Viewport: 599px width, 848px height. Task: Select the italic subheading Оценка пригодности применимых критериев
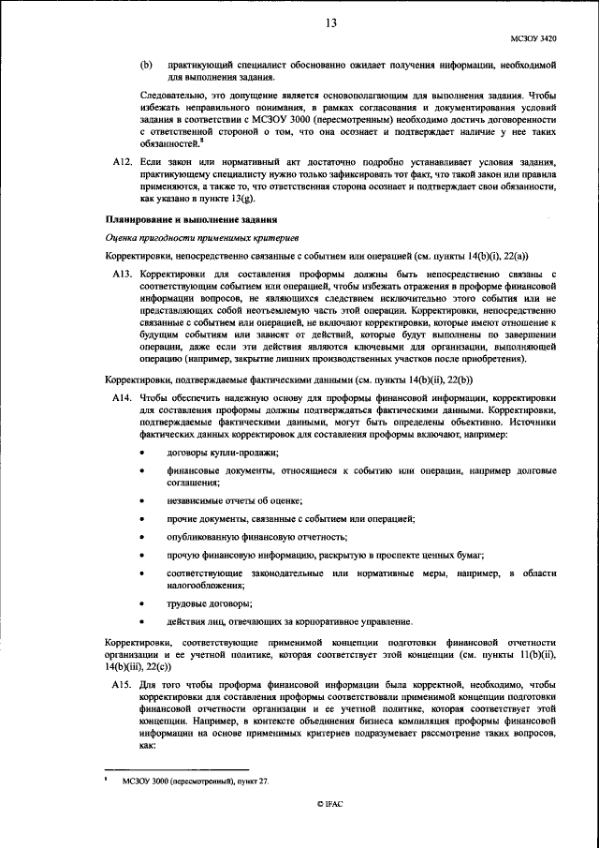(189, 237)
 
